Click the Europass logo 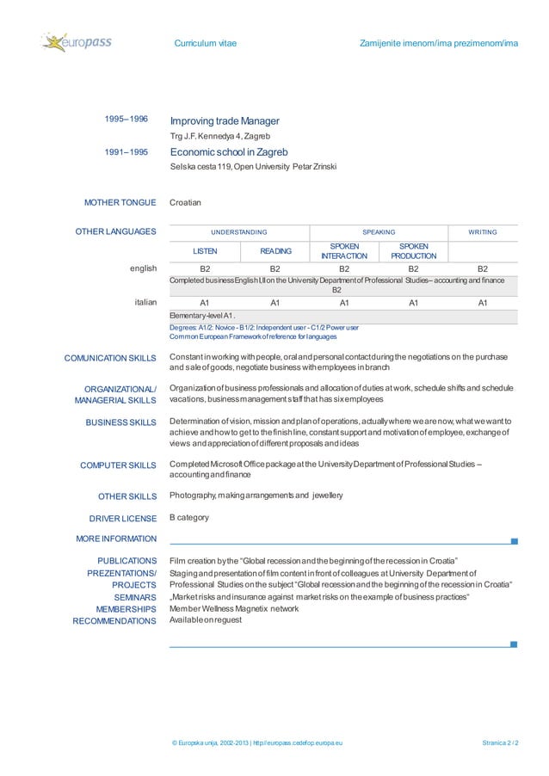(77, 42)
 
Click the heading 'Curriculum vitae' (206, 42)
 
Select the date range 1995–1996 (126, 120)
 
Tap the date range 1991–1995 (126, 151)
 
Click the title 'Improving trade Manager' (225, 120)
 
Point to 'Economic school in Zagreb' (228, 152)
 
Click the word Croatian (185, 203)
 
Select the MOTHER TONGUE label (120, 203)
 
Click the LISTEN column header (204, 250)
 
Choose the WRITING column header (482, 232)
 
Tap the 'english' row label (143, 268)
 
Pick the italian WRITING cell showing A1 (483, 303)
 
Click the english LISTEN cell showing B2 (205, 268)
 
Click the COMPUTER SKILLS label (118, 465)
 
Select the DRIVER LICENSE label (122, 519)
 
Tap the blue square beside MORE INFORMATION (514, 541)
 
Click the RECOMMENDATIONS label (114, 620)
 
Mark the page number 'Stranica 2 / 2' (503, 742)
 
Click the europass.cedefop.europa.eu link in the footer (302, 742)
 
